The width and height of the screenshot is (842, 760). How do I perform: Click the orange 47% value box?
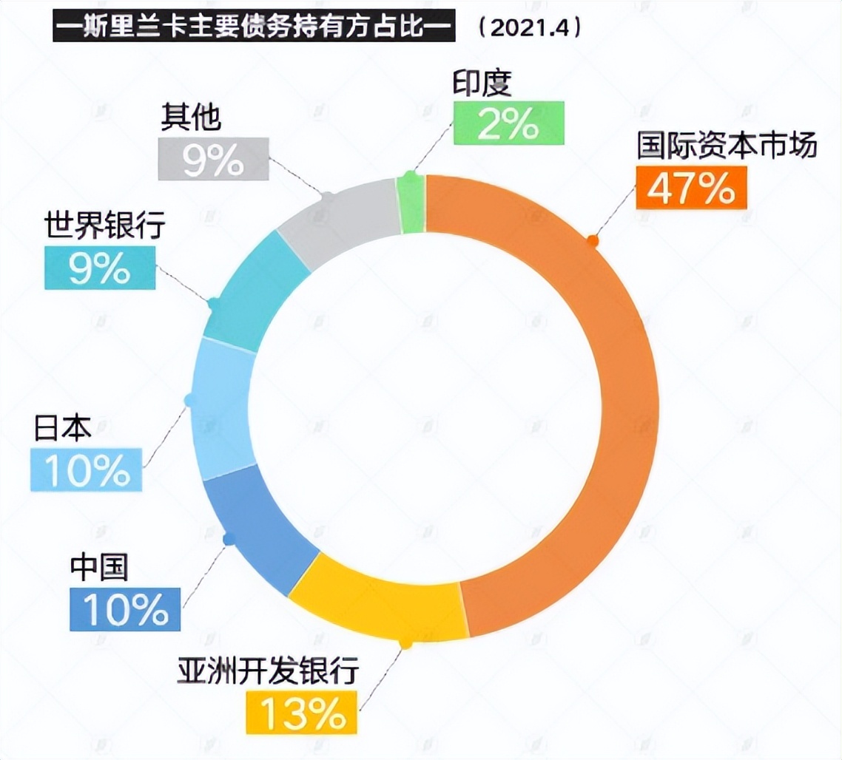[691, 188]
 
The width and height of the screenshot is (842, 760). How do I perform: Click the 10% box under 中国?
[125, 609]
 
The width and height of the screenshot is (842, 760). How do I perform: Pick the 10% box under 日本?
[87, 469]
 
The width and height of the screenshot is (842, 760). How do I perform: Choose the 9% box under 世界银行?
[100, 268]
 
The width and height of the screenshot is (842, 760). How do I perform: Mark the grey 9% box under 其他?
[214, 159]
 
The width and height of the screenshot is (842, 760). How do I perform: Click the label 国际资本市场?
[727, 146]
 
